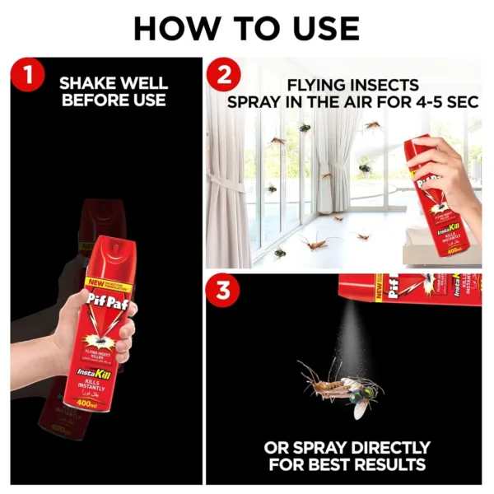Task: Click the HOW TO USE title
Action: (246, 28)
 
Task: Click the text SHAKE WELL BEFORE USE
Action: (114, 91)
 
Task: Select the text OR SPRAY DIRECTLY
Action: (347, 448)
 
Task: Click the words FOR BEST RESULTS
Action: (347, 465)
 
